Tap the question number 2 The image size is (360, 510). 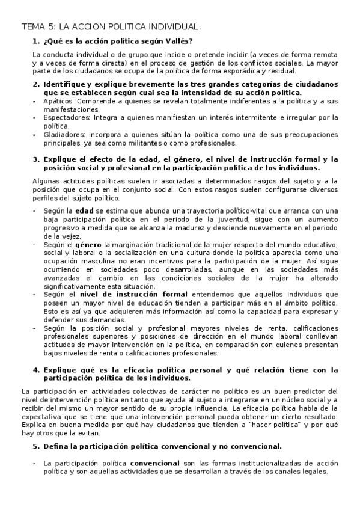36,84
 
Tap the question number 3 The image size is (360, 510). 36,159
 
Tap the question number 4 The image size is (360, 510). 36,370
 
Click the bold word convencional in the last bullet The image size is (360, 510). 154,464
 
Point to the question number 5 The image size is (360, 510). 36,446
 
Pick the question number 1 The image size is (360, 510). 36,41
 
